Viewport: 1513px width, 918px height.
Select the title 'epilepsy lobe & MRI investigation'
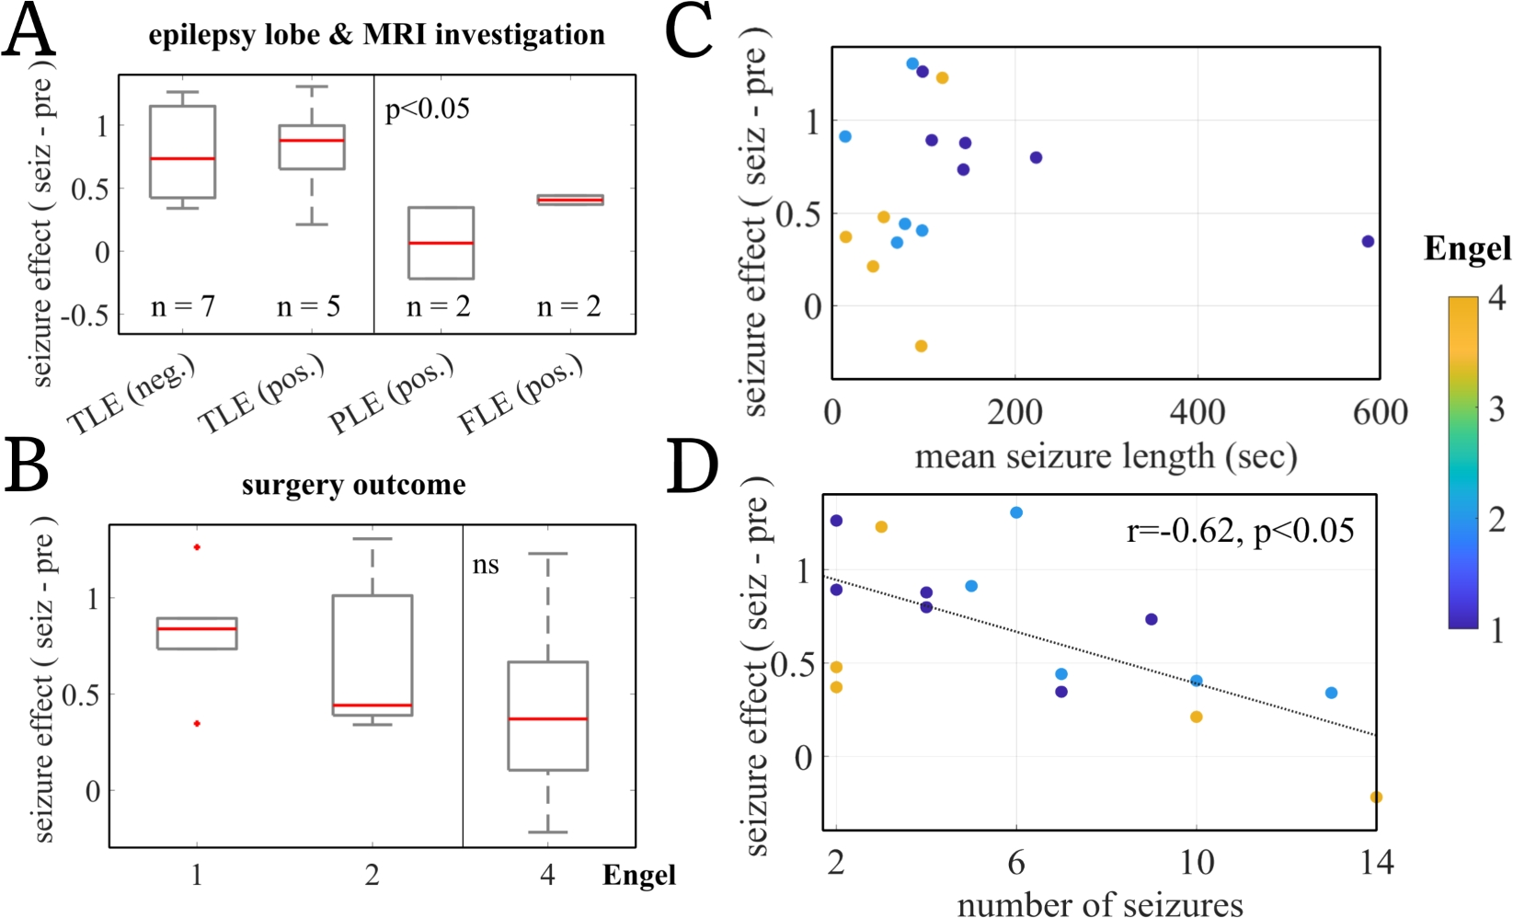coord(376,35)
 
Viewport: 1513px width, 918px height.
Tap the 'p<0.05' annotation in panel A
coord(427,109)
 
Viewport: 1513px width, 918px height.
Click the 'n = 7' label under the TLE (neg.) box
coord(182,305)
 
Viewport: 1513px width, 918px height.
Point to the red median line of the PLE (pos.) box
coord(441,243)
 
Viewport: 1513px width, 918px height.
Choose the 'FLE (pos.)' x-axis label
coord(521,394)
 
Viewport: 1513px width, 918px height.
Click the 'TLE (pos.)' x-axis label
coord(261,395)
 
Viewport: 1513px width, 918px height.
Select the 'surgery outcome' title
coord(353,485)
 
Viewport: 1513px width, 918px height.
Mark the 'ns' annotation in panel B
coord(486,564)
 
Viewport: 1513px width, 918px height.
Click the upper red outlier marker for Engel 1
coord(197,547)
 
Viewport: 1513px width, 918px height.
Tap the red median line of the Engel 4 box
coord(548,718)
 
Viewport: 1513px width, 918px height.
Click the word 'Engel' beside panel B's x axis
coord(638,876)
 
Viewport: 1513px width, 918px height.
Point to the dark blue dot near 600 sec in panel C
coord(1368,241)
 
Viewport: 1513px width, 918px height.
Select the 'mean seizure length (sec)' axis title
coord(1105,456)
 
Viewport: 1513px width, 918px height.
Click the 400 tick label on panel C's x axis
coord(1197,412)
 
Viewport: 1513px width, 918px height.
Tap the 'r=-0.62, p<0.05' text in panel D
coord(1240,531)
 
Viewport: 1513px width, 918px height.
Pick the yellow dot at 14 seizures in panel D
coord(1376,798)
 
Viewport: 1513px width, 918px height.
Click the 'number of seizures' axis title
coord(1100,904)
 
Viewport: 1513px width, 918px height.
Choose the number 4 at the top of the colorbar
coord(1496,298)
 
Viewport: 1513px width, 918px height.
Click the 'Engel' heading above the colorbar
coord(1467,248)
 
